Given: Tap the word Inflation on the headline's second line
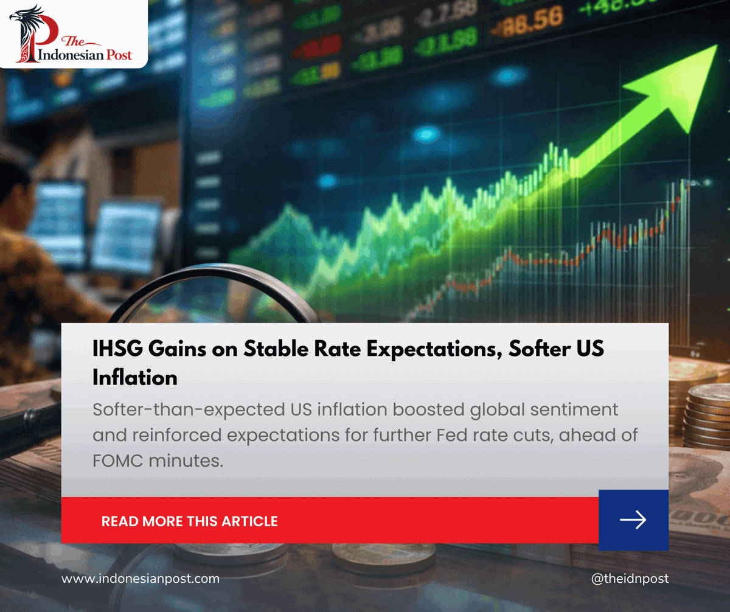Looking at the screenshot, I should pyautogui.click(x=135, y=377).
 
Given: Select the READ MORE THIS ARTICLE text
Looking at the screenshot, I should pyautogui.click(x=189, y=521).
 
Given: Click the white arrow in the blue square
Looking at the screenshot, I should pyautogui.click(x=633, y=520).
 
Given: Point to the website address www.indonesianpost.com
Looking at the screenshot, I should pyautogui.click(x=141, y=579).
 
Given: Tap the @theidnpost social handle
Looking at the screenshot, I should pyautogui.click(x=630, y=579).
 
